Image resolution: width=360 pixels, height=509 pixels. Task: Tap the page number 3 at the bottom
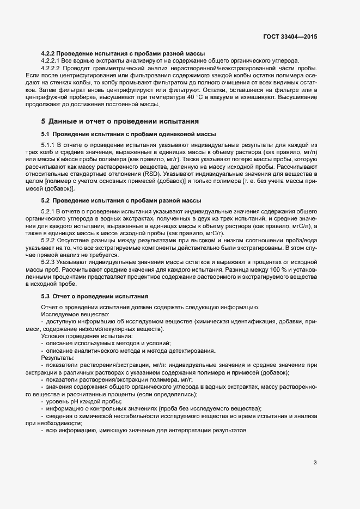coord(315,463)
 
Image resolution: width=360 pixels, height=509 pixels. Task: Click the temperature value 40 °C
coord(175,96)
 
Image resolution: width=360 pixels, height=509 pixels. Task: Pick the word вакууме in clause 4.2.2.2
coord(204,96)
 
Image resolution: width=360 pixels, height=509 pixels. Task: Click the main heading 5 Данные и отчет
coord(120,120)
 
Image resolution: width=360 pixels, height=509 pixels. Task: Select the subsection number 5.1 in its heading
coord(46,134)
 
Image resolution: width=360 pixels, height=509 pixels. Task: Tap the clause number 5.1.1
coord(49,145)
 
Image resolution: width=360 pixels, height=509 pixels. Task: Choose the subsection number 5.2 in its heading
coord(46,201)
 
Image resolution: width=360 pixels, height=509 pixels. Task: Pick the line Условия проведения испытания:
coord(76,336)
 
